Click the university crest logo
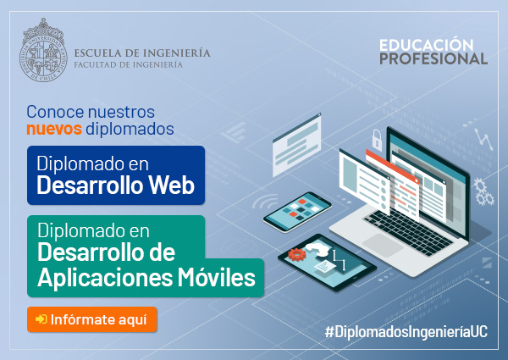tap(43, 50)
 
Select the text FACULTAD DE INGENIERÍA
tap(129, 65)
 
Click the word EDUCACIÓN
tap(427, 45)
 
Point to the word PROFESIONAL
tap(433, 58)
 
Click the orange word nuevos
tap(54, 129)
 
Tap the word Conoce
tap(55, 112)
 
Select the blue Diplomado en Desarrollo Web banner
tap(116, 175)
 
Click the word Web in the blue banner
tap(171, 186)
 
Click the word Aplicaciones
tap(105, 279)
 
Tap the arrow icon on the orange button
tap(41, 319)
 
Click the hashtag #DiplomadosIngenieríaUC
tap(406, 332)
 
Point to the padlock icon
tap(377, 140)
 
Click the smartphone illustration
tap(297, 212)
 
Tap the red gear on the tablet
tap(297, 254)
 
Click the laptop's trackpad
tap(383, 245)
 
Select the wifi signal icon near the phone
tap(265, 202)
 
